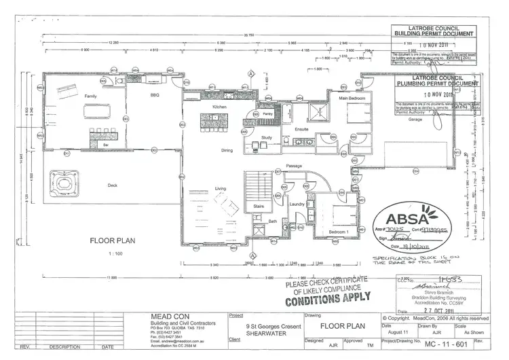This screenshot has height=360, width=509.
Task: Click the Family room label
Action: [x=90, y=97]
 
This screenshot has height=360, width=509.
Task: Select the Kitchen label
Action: [x=219, y=107]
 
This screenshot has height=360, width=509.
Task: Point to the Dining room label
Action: [x=227, y=150]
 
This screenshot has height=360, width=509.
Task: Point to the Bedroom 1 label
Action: [x=338, y=233]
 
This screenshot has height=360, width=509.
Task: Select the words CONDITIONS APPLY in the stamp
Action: [x=328, y=298]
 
